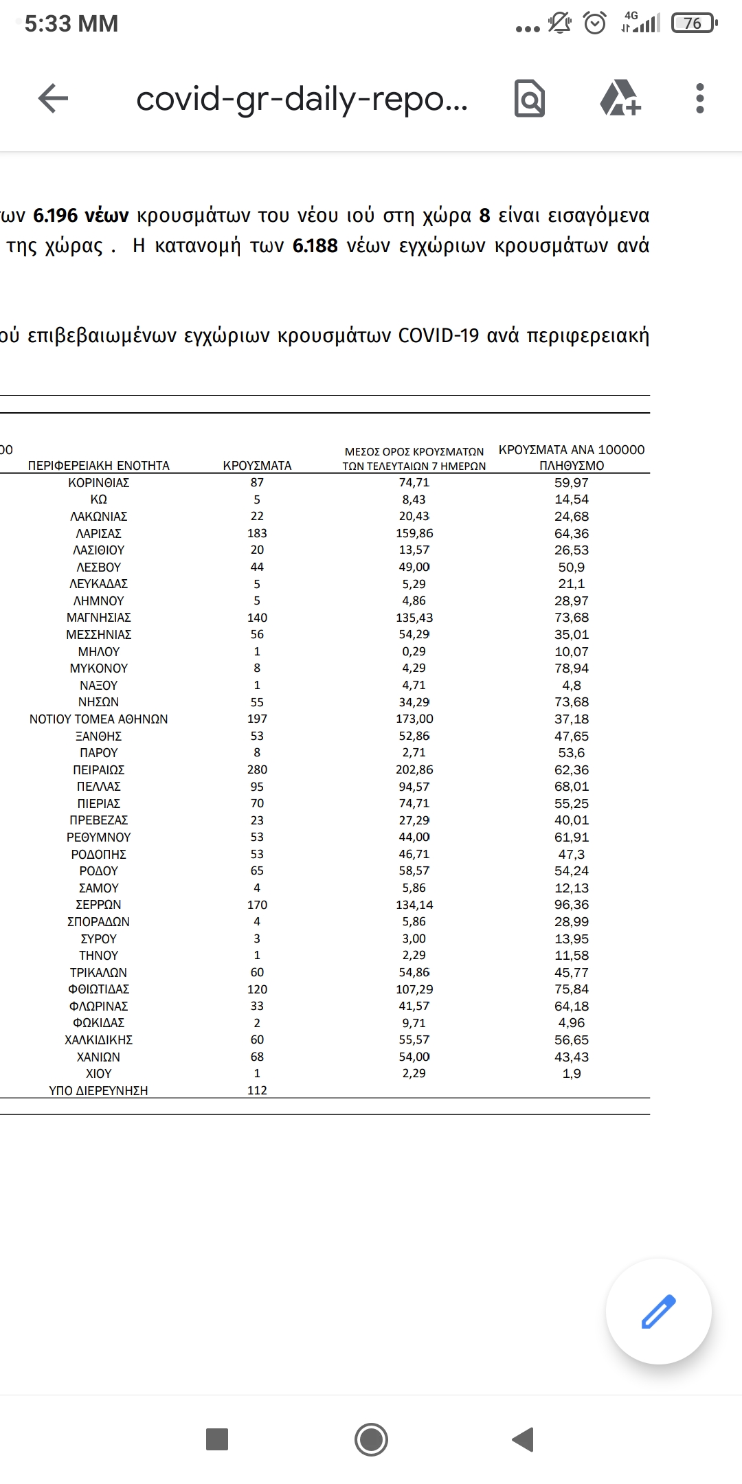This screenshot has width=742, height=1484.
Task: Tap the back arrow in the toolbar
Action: click(x=53, y=98)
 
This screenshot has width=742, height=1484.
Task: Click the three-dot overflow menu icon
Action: click(x=699, y=98)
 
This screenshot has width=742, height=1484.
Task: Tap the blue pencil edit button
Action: click(x=658, y=1311)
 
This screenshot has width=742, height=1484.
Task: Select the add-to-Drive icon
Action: click(x=620, y=98)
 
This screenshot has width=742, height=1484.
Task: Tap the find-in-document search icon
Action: click(x=529, y=98)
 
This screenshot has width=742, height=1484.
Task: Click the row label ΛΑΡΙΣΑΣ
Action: click(x=98, y=533)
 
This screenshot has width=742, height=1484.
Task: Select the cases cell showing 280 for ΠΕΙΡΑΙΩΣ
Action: click(x=257, y=769)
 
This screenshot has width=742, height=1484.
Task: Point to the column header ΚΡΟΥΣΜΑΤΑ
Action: click(x=257, y=465)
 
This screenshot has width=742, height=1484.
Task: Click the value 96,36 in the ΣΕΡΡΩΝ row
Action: click(x=571, y=905)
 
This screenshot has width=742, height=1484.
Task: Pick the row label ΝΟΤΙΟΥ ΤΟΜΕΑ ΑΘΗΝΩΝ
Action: click(x=98, y=719)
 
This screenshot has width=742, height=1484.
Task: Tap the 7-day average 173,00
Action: click(x=414, y=719)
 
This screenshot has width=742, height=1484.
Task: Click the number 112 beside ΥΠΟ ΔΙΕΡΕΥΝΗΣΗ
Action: click(x=257, y=1090)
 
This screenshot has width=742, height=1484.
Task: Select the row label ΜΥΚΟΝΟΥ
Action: click(x=98, y=668)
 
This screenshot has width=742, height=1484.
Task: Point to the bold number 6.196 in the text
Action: click(x=56, y=216)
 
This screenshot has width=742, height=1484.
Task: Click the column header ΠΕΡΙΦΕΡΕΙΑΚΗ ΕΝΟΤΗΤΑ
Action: click(x=98, y=465)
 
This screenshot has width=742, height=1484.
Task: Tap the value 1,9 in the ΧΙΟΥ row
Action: click(x=571, y=1073)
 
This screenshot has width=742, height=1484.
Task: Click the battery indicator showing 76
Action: click(x=694, y=23)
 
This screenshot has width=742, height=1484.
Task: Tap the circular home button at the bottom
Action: click(x=371, y=1439)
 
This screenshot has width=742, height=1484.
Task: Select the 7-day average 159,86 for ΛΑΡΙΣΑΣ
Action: click(x=414, y=533)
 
